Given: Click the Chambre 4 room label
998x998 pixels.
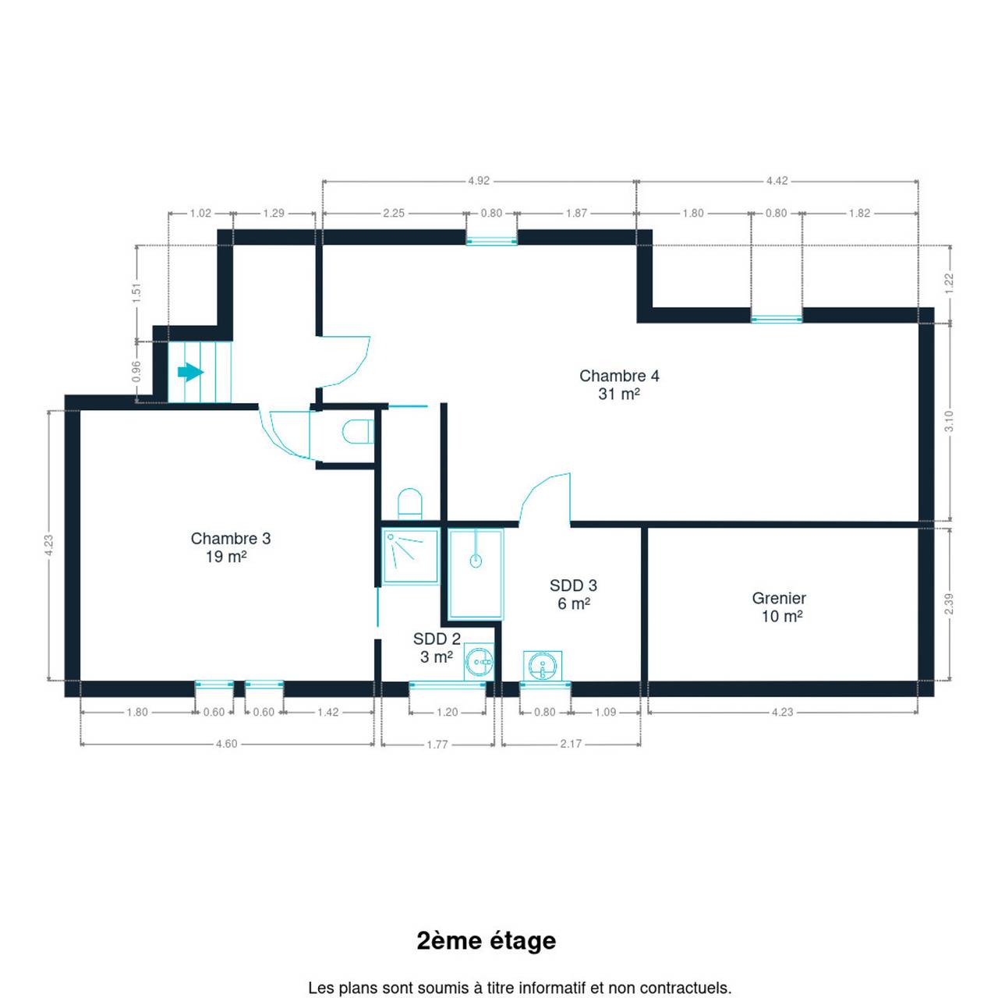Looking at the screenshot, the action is (x=619, y=385).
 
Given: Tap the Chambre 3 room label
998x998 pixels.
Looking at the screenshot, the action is (x=231, y=547).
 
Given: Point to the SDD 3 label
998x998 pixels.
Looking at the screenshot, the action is (x=573, y=594).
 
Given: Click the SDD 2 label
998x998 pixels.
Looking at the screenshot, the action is (x=437, y=647).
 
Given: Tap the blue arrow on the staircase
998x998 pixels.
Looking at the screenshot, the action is (x=190, y=372).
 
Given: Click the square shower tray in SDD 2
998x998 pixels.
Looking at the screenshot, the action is (x=410, y=556).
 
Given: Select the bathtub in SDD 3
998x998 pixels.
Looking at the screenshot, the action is (x=476, y=574).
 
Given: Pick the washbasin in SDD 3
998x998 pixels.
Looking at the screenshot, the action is (x=542, y=666).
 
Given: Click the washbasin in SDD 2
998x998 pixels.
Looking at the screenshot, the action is (x=479, y=662).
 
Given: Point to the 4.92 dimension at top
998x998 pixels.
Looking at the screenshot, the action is (x=479, y=181).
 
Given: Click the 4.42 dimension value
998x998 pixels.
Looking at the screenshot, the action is (x=777, y=181).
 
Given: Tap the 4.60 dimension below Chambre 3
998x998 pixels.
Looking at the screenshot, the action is (x=226, y=744).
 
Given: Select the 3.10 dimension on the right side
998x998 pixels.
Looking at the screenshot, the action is (x=949, y=421).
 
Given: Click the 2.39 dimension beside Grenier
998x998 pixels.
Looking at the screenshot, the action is (x=949, y=604).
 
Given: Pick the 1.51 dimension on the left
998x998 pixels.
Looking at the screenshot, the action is (x=136, y=292).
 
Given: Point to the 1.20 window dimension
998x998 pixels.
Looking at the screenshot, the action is (x=447, y=713).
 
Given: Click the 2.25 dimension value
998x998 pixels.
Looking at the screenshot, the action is (x=394, y=213).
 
